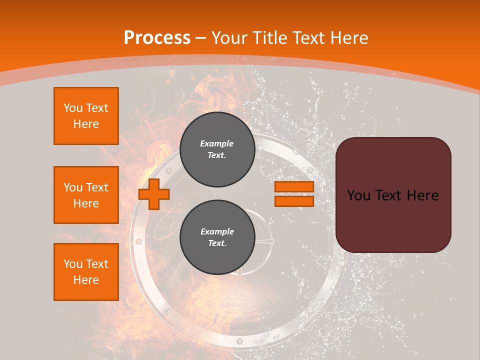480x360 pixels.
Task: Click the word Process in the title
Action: tap(157, 37)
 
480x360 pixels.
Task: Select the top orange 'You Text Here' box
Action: tap(86, 116)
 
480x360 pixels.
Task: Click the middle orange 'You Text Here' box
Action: tap(86, 195)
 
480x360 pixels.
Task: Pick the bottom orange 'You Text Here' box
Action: tap(86, 272)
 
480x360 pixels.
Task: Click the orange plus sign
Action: tap(154, 194)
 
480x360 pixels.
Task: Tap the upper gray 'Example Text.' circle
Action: tap(217, 149)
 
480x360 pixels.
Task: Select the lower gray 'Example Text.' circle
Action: tap(217, 237)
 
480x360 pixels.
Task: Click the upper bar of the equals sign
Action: tap(294, 186)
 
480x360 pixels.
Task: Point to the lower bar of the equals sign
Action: tap(294, 201)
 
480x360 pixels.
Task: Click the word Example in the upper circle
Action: tap(217, 143)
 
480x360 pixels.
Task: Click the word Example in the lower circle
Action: tap(217, 231)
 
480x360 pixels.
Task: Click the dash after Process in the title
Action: tap(201, 38)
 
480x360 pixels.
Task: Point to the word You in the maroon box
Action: tap(358, 195)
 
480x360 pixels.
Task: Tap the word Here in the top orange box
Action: tap(86, 124)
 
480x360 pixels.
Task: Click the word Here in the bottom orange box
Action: tap(86, 280)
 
